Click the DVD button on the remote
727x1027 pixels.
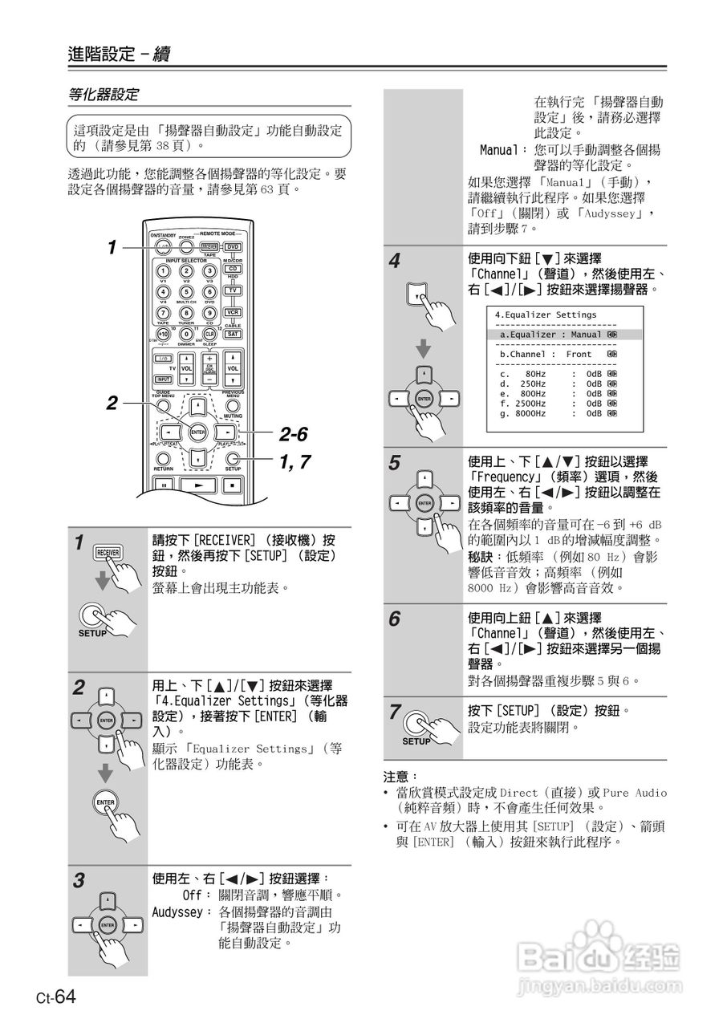pyautogui.click(x=233, y=247)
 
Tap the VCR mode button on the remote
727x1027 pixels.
pyautogui.click(x=233, y=312)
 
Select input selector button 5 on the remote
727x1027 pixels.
pyautogui.click(x=186, y=292)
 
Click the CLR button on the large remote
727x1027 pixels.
pyautogui.click(x=210, y=334)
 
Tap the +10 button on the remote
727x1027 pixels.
pyautogui.click(x=163, y=334)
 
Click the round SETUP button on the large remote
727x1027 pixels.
pyautogui.click(x=234, y=459)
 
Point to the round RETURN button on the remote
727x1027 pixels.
pyautogui.click(x=163, y=459)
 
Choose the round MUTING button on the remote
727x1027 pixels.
pyautogui.click(x=233, y=406)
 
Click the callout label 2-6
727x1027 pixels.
pyautogui.click(x=294, y=435)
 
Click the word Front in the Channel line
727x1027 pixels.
pyautogui.click(x=579, y=354)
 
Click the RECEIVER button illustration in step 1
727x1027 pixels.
pyautogui.click(x=108, y=552)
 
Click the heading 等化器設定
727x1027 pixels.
pyautogui.click(x=103, y=95)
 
